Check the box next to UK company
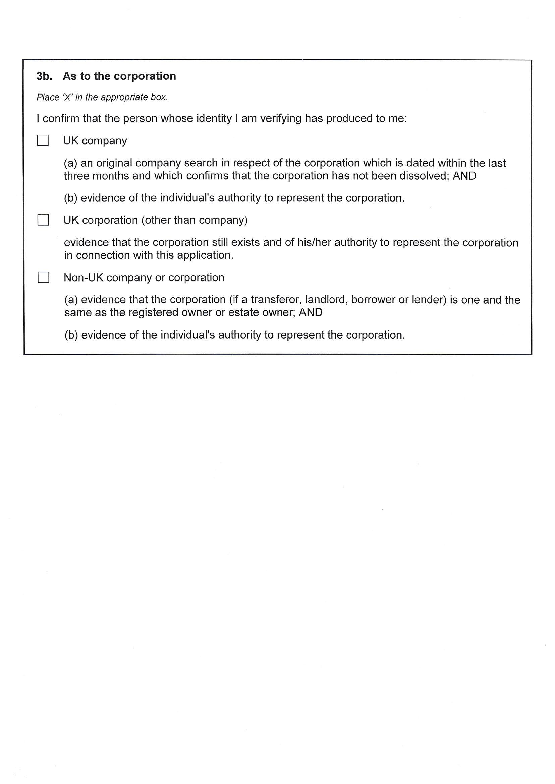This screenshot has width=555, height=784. [x=43, y=141]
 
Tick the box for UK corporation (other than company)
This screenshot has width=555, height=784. [x=43, y=220]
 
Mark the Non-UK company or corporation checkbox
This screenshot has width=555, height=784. [x=43, y=278]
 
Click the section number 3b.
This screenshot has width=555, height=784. [x=44, y=76]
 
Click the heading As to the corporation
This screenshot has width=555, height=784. [x=119, y=76]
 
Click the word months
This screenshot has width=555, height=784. [x=111, y=176]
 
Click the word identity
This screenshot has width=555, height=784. [x=214, y=119]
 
